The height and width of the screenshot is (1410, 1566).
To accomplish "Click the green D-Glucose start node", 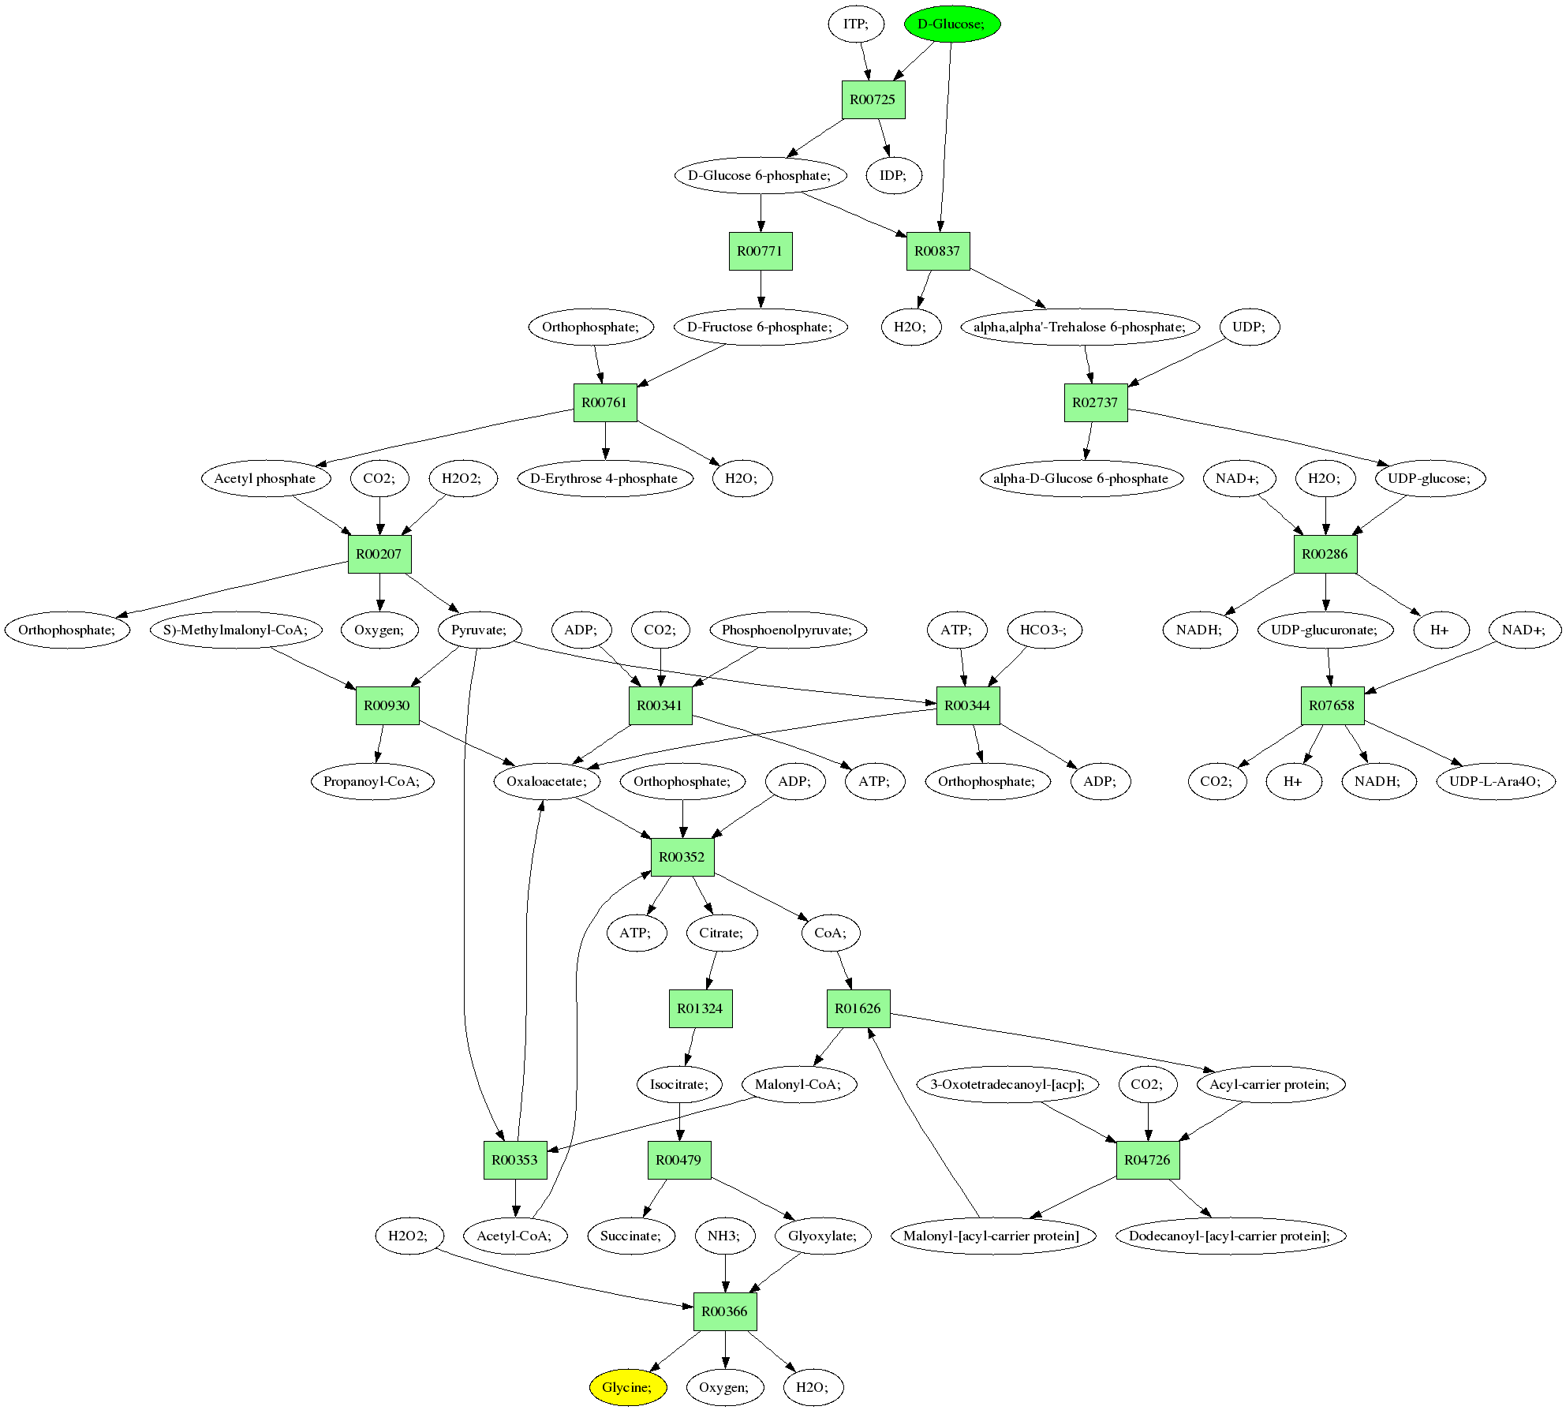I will click(951, 24).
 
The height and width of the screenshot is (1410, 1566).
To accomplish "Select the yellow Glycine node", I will click(627, 1387).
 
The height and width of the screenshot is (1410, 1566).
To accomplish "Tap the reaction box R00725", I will click(873, 99).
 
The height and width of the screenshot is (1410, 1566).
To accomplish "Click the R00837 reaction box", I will click(937, 251).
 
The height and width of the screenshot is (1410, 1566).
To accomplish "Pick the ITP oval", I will click(856, 24).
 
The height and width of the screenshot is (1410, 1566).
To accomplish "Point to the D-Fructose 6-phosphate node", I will click(760, 327).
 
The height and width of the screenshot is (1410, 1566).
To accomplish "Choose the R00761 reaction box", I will click(604, 402).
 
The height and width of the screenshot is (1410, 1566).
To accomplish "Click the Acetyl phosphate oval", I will click(264, 478).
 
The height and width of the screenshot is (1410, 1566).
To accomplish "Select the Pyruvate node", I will click(479, 630).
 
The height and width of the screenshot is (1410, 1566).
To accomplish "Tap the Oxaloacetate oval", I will click(546, 781).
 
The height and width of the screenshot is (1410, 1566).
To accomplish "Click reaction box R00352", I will click(682, 857).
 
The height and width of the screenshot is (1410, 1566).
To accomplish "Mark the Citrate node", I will click(721, 933).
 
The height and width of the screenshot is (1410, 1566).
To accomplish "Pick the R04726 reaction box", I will click(1147, 1160).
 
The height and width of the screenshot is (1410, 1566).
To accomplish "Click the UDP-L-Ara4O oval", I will click(1494, 781).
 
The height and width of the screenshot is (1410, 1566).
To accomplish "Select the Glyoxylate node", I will click(822, 1236).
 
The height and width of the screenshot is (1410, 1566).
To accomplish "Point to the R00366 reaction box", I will click(724, 1311).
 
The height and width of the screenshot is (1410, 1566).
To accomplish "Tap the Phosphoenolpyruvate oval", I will click(787, 630).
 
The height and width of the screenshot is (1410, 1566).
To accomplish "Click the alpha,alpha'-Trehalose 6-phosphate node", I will click(1079, 327).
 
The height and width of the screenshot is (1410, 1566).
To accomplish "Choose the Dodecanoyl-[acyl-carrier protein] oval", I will click(1229, 1236).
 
